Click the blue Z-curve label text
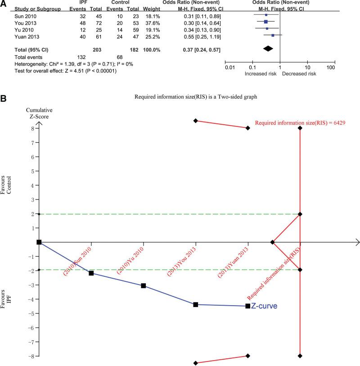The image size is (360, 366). [x=265, y=306]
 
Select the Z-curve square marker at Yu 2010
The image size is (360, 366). [x=143, y=285]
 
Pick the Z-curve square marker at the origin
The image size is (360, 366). [x=39, y=242]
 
